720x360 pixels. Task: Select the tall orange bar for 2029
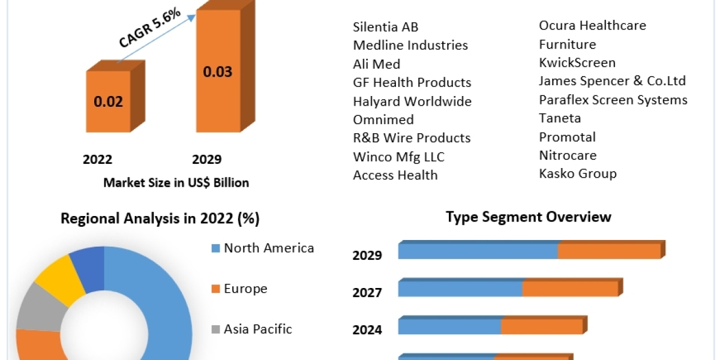[218, 72]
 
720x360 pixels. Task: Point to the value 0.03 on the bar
[217, 72]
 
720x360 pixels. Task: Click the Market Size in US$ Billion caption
[176, 182]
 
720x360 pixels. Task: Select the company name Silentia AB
[386, 27]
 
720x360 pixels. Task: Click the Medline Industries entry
[410, 45]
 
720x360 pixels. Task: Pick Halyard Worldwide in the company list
[412, 101]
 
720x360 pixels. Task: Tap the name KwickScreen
[577, 62]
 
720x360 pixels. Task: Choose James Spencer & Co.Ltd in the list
[612, 81]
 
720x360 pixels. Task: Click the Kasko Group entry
[578, 174]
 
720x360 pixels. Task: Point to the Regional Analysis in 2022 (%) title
[160, 219]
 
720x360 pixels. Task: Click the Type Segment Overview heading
[529, 217]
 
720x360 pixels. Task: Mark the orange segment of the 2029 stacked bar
[609, 251]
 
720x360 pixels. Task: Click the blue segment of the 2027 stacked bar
[460, 289]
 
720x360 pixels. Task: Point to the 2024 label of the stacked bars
[367, 329]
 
